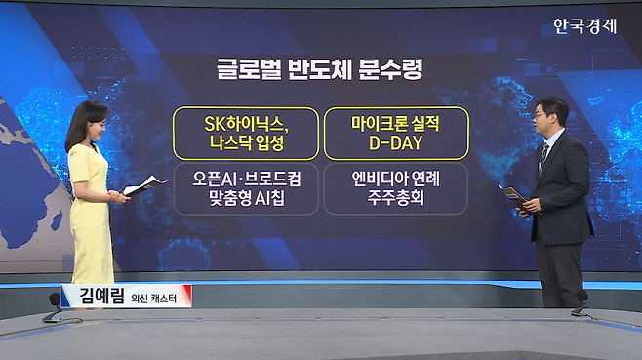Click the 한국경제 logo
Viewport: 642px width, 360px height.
(x=584, y=26)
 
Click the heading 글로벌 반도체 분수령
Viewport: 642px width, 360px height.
(x=320, y=69)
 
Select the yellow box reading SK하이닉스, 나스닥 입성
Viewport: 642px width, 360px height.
(x=246, y=134)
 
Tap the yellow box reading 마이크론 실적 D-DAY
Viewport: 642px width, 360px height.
(x=396, y=134)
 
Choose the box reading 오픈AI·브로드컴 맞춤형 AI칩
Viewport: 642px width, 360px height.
(x=246, y=189)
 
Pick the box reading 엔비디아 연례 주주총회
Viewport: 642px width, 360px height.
(x=396, y=189)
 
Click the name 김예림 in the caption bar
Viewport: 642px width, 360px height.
(x=101, y=296)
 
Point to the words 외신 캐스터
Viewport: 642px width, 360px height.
(x=153, y=298)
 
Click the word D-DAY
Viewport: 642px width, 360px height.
(x=395, y=143)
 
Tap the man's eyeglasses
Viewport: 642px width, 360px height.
(x=541, y=116)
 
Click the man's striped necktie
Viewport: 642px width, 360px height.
(x=542, y=158)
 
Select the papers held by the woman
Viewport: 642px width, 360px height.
(x=144, y=185)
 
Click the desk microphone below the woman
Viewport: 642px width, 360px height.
(x=54, y=308)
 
